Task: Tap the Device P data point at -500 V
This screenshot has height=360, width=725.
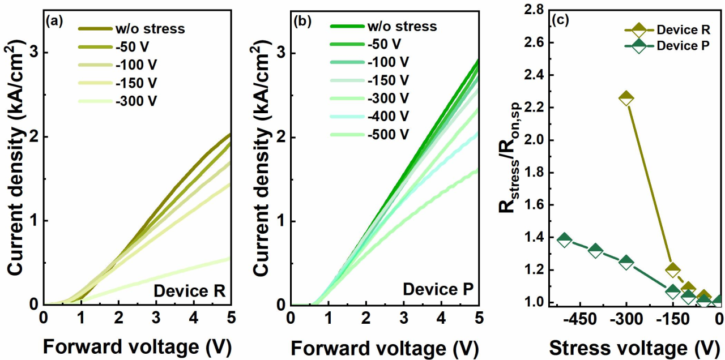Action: click(564, 239)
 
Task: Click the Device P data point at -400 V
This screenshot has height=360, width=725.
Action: click(595, 250)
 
